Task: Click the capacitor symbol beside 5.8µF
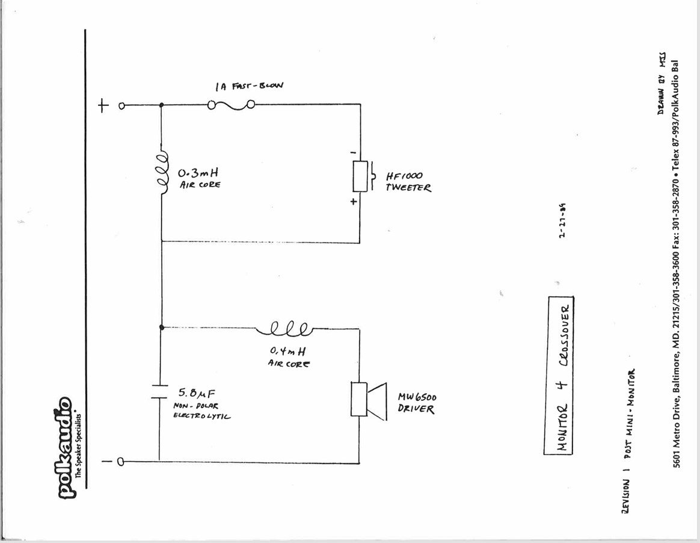point(161,391)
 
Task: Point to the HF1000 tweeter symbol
point(363,176)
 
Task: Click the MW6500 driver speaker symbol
point(367,400)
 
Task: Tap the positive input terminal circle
point(121,107)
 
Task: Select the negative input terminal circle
point(120,462)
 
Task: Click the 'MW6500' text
point(417,398)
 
